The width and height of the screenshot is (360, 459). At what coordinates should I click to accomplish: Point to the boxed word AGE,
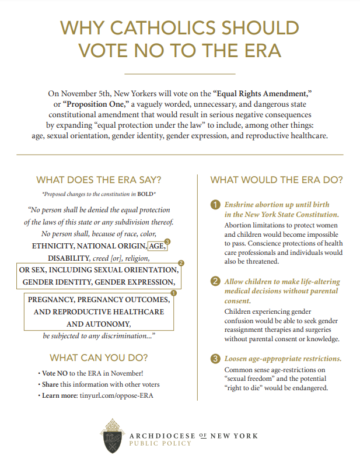pos(158,246)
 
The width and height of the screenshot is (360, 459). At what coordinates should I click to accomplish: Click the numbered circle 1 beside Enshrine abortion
pos(214,205)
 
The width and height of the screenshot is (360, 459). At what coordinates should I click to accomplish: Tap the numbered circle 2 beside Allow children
pos(214,282)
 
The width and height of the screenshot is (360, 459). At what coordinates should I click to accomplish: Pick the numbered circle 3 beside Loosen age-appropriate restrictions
pos(214,358)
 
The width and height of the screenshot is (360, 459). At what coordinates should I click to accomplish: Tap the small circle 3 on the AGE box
pos(168,241)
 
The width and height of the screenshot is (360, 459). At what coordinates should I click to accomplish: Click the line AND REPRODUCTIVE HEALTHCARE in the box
pos(99,311)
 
